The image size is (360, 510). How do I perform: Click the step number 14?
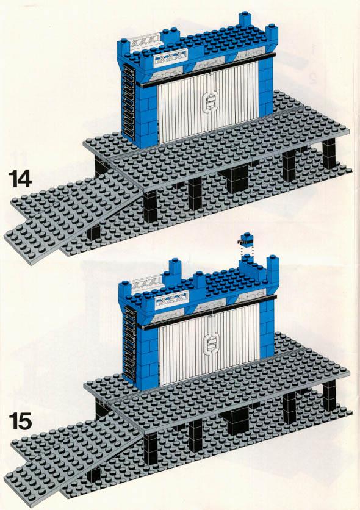(x=20, y=179)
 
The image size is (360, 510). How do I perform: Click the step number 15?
(x=20, y=421)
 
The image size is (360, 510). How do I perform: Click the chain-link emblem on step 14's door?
(x=207, y=101)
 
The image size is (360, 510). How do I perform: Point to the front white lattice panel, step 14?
(x=170, y=59)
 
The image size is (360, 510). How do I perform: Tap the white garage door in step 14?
(x=209, y=101)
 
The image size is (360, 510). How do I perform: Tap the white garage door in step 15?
(x=209, y=344)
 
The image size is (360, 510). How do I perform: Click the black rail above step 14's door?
(x=206, y=70)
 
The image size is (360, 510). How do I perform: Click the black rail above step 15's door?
(x=208, y=312)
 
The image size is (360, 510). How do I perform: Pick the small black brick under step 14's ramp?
(x=93, y=232)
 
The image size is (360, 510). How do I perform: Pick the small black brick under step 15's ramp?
(x=93, y=474)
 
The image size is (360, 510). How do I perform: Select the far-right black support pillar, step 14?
(x=329, y=154)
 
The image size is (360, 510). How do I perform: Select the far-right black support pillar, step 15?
(x=329, y=396)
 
